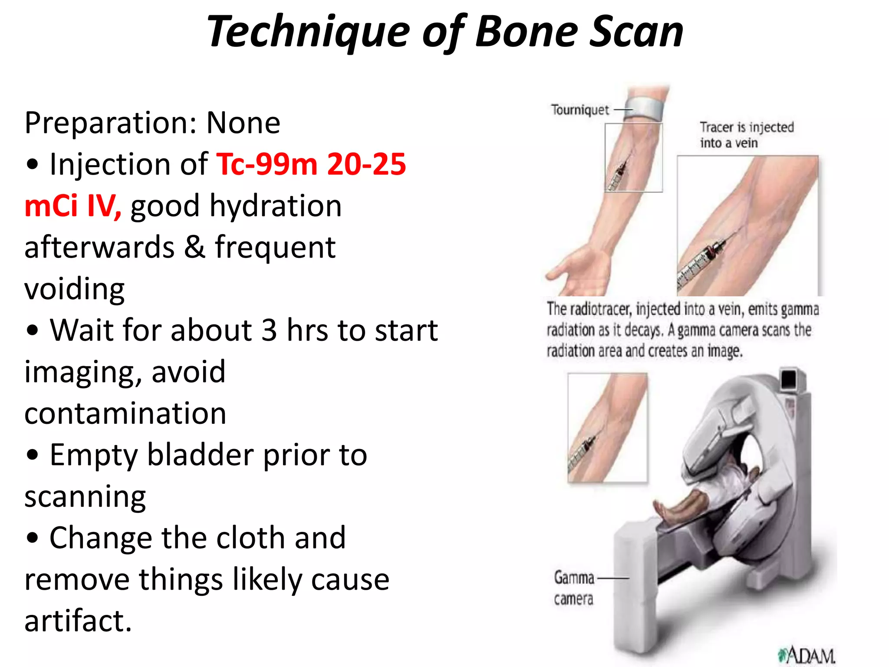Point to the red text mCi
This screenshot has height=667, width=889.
pos(51,205)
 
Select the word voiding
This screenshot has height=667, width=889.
pos(74,289)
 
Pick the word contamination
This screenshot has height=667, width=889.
pos(125,413)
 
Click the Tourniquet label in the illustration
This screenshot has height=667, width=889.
pos(580,110)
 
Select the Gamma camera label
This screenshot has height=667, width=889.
pos(574,588)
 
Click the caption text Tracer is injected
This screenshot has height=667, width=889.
pos(747,127)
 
